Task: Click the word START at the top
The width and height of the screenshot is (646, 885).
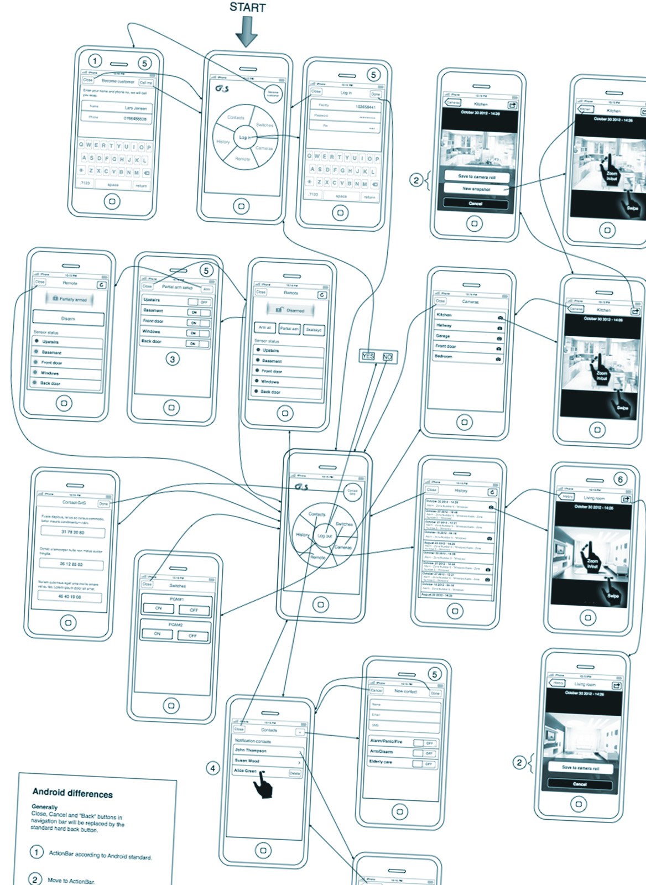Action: (x=247, y=8)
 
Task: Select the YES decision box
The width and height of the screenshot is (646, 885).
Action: (x=368, y=356)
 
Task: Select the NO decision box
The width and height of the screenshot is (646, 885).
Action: (x=387, y=357)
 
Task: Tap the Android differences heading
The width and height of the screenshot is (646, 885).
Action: (x=72, y=794)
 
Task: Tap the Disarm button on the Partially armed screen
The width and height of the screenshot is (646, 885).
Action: (x=68, y=319)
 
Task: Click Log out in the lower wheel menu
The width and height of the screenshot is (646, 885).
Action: (x=324, y=535)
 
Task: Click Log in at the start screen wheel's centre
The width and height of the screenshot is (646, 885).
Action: (x=244, y=137)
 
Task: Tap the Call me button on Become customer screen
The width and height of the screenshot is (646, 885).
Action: (x=146, y=82)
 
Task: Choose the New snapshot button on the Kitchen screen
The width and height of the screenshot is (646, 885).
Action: (x=476, y=189)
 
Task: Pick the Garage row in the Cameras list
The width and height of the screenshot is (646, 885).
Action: (x=468, y=336)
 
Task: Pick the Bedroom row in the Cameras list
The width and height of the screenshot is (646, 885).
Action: (x=468, y=357)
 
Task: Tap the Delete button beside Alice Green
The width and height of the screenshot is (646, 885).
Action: (x=295, y=773)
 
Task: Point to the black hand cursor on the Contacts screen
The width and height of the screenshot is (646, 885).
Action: (x=263, y=785)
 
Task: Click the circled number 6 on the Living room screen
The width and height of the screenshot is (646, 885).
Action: (x=620, y=479)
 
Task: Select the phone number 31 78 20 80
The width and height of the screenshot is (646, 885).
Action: (x=72, y=532)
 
